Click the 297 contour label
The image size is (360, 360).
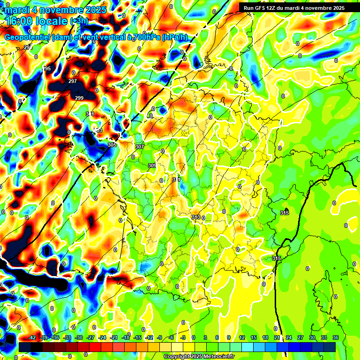[x=73, y=81]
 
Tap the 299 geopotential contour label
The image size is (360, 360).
[x=79, y=98]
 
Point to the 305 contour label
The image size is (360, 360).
[x=112, y=145]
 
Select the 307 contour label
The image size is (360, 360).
[x=139, y=147]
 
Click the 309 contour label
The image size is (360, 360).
[x=152, y=165]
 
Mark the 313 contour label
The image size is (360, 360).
[x=196, y=217]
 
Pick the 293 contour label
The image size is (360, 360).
[x=28, y=47]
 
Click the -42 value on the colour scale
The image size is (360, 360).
[x=32, y=337]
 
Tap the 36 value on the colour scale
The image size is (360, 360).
[x=335, y=337]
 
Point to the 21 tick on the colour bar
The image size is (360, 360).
[x=277, y=337]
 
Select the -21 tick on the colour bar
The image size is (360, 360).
[x=114, y=337]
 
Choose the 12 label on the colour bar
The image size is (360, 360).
[x=242, y=337]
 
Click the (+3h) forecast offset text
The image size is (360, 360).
[x=79, y=21]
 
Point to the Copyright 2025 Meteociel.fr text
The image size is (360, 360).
[x=198, y=356]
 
